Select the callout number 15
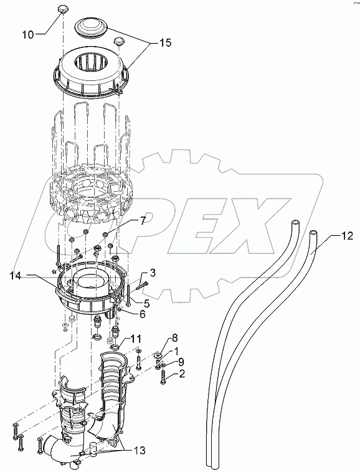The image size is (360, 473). click(x=164, y=44)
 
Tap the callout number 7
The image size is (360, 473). click(x=142, y=222)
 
